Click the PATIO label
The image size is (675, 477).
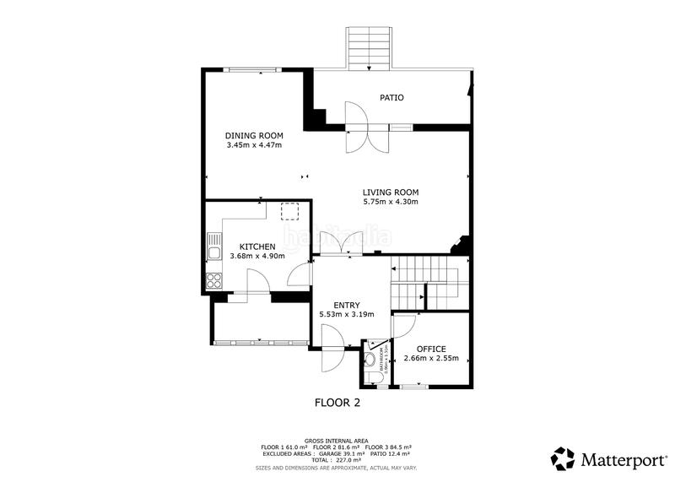(x=391, y=98)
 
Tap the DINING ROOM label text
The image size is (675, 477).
(x=253, y=136)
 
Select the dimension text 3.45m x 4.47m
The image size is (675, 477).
(x=253, y=145)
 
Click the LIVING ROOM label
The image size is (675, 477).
(x=391, y=192)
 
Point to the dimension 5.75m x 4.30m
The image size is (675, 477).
(x=391, y=202)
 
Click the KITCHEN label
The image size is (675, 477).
(x=257, y=247)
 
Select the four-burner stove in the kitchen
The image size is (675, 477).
(x=214, y=279)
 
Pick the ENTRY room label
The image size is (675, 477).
(x=346, y=306)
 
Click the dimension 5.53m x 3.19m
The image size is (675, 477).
(x=346, y=315)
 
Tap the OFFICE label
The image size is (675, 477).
(x=431, y=349)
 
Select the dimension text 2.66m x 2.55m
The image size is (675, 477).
(x=431, y=359)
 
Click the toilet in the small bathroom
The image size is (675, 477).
(x=370, y=359)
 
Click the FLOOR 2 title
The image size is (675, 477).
(x=337, y=403)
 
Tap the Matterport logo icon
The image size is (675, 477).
(x=563, y=458)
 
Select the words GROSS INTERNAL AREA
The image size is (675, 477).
(x=337, y=441)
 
